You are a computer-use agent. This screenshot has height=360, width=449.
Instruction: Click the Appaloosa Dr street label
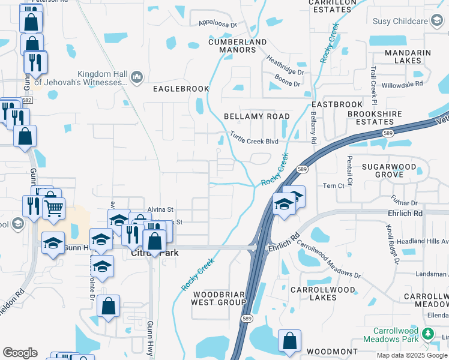coord(218,24)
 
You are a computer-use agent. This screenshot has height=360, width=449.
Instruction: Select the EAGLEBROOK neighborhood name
coord(181,89)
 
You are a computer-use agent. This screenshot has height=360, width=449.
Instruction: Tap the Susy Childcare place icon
coord(436,22)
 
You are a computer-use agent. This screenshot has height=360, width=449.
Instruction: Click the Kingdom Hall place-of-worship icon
coord(136,77)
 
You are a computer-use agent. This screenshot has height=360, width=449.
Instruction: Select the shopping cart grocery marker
coord(54,208)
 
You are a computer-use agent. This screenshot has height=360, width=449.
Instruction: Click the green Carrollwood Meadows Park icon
coord(428,333)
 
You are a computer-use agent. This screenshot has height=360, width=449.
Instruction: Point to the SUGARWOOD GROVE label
coord(390,169)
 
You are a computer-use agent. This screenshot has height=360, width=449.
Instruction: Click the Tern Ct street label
coord(334,186)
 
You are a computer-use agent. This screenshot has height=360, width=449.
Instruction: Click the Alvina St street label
coord(160,209)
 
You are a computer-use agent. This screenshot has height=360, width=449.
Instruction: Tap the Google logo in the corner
coord(20,353)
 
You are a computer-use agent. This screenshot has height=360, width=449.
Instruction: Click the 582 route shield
coord(26,100)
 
